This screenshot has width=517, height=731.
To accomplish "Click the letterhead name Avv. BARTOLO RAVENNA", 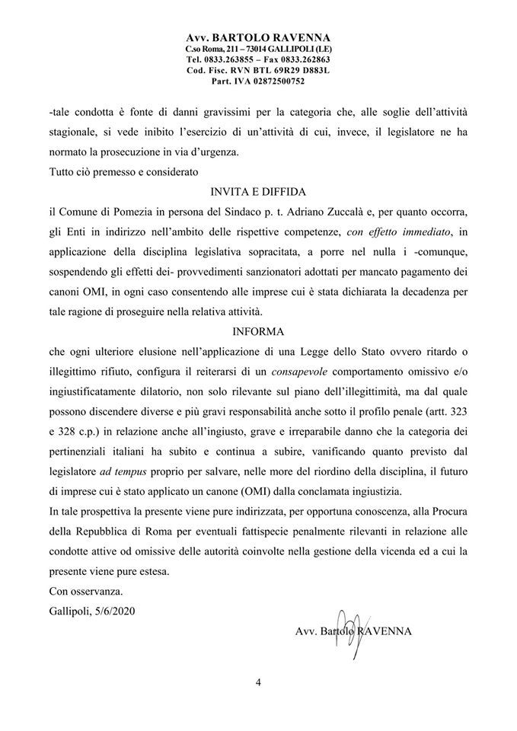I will pos(258,37).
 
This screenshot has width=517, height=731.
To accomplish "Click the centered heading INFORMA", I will pos(258,332).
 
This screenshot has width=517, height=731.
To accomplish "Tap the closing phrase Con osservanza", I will pos(84,591).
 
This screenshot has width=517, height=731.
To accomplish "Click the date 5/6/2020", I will pos(119,611).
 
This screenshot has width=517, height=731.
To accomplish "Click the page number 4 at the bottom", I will pos(258,682).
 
